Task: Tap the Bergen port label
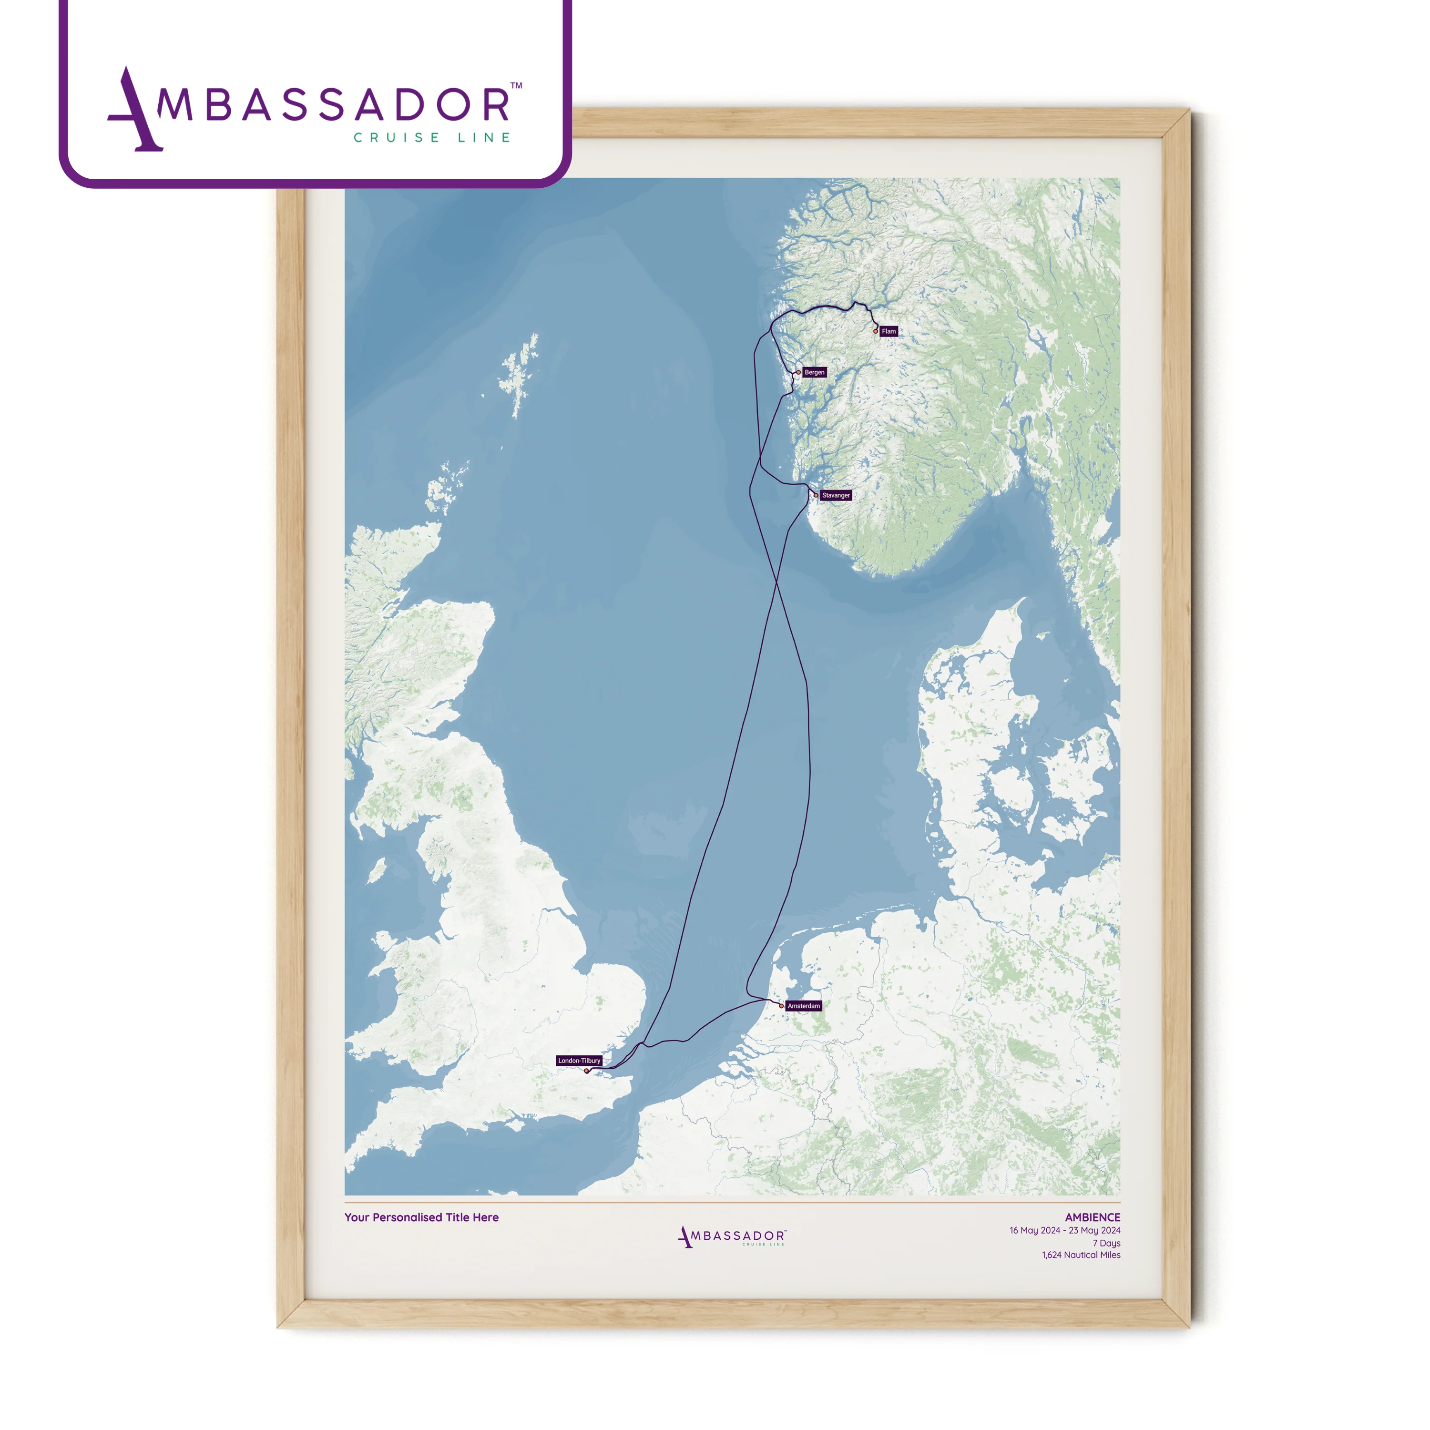pos(814,372)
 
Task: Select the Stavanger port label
pos(836,495)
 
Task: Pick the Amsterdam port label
pos(803,1006)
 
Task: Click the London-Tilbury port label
pos(579,1061)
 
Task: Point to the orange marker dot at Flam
pos(876,332)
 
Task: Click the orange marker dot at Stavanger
pos(816,495)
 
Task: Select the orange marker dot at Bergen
pos(798,372)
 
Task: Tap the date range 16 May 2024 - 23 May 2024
pos(1064,1231)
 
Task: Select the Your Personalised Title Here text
pos(421,1217)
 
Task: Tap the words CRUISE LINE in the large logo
pos(432,138)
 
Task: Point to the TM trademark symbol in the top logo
pos(516,86)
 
